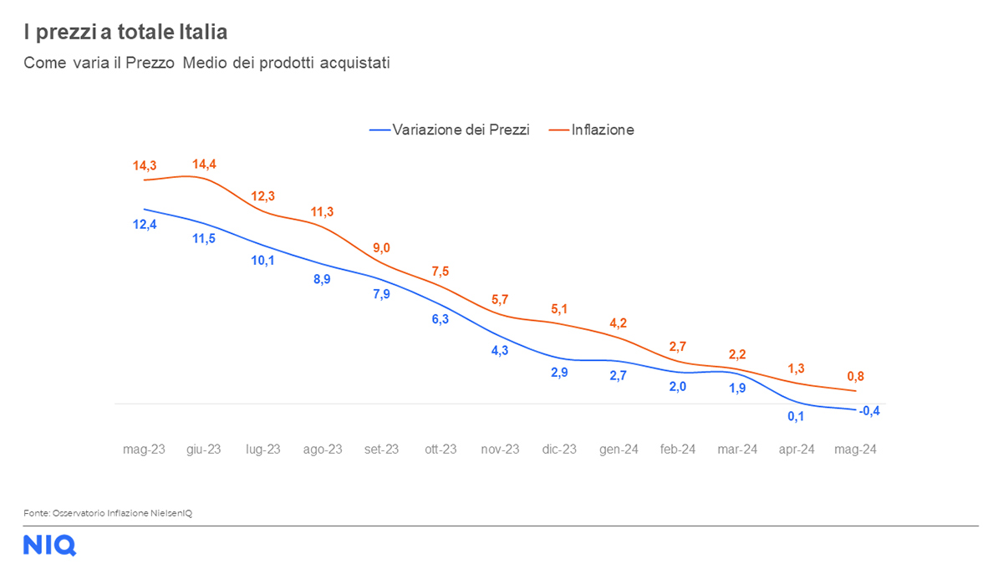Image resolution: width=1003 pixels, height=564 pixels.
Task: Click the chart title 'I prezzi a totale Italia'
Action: (x=125, y=33)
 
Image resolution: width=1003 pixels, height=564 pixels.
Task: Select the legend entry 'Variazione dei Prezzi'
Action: (x=461, y=130)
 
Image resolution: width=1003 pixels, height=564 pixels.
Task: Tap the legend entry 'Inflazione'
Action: (x=603, y=130)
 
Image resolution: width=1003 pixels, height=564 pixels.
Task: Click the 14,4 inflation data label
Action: (x=204, y=165)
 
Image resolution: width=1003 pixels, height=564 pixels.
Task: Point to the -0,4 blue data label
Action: (x=870, y=410)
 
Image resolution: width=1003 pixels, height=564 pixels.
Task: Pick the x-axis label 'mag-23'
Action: (x=145, y=450)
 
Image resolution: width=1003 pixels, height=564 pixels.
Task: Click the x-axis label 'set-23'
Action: (x=381, y=450)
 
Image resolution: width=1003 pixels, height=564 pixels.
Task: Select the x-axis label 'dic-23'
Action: (x=559, y=450)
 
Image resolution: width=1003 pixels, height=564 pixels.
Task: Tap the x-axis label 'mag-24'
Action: (x=856, y=450)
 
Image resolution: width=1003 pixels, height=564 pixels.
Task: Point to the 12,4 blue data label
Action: (x=145, y=224)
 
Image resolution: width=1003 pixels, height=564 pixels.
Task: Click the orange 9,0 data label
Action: (x=381, y=247)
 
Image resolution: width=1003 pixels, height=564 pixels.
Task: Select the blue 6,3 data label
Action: (x=440, y=318)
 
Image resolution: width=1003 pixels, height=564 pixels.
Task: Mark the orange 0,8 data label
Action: (x=856, y=376)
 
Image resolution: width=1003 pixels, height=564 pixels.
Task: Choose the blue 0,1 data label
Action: (x=797, y=415)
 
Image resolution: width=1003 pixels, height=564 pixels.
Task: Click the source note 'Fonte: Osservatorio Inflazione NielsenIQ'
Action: (x=108, y=512)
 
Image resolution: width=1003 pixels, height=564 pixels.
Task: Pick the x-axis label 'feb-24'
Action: (x=678, y=450)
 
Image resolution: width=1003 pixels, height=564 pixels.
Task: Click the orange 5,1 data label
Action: (x=559, y=309)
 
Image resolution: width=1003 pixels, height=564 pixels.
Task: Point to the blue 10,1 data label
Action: (x=262, y=260)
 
